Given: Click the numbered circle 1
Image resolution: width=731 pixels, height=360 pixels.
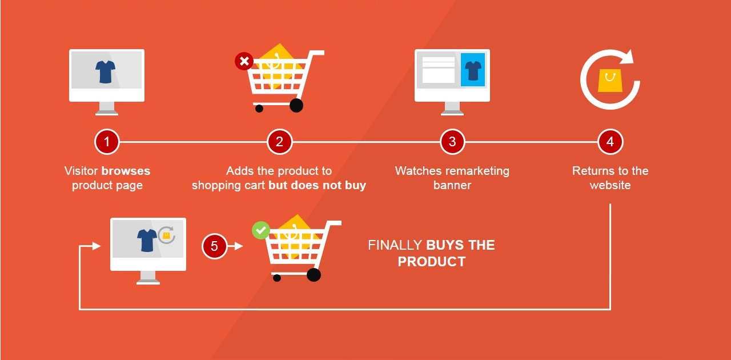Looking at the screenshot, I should [107, 142].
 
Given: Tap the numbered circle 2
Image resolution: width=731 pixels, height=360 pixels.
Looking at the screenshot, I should [279, 142].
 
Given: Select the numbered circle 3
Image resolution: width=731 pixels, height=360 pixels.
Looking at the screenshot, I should [452, 142].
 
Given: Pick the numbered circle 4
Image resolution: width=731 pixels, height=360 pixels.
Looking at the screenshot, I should [610, 142].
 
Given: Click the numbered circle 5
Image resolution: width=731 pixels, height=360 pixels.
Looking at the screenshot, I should [215, 246].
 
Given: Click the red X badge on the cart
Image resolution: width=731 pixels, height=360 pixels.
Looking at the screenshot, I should [244, 61].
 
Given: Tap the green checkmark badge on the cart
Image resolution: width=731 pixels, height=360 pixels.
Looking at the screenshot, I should [261, 230].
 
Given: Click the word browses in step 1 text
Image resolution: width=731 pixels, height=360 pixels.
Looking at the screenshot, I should [126, 171].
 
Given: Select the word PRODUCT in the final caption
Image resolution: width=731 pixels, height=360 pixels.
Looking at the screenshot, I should [432, 262].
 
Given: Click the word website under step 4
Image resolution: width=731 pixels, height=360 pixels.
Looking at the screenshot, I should [610, 185].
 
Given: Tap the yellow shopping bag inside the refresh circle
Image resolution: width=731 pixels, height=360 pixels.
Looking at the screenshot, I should [609, 81].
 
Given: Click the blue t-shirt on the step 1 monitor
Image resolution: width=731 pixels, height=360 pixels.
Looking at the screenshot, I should [106, 71].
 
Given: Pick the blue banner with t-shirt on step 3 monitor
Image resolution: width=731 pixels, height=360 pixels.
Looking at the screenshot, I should [473, 70].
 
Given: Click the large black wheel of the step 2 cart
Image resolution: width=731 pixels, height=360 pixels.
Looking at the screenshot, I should [296, 105].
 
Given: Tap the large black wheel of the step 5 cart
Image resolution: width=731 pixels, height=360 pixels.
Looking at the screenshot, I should [314, 275].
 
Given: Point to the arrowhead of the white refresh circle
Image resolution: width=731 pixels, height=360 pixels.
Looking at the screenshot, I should [628, 57].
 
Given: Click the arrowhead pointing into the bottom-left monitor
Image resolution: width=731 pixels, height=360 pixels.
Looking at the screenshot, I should [97, 246].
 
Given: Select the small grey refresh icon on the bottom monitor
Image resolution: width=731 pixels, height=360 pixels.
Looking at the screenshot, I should [166, 235].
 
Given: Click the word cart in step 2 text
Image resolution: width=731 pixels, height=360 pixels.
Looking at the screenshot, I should [254, 185].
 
